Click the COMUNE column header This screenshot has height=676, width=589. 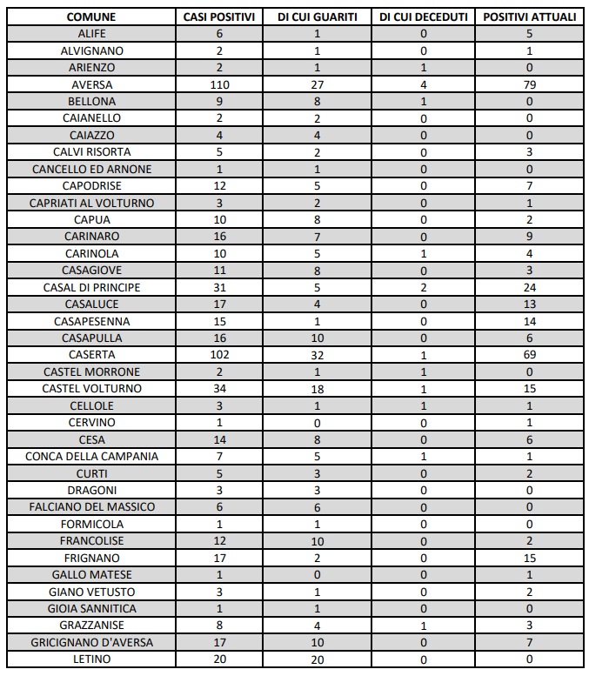click(91, 17)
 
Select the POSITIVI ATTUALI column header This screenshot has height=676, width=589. click(529, 17)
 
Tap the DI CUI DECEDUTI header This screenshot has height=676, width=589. click(424, 17)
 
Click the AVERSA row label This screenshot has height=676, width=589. click(91, 84)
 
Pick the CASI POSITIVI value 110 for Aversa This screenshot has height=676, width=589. click(219, 84)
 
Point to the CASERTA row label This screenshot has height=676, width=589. click(91, 355)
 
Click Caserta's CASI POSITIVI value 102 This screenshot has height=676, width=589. click(219, 355)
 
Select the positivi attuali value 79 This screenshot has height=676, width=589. click(529, 84)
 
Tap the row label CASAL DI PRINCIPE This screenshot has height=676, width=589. click(91, 287)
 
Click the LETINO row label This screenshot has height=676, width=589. click(91, 659)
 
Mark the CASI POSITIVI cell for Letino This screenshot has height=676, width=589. click(219, 659)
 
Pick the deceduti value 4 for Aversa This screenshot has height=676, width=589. click(424, 84)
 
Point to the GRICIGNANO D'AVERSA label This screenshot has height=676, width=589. click(91, 643)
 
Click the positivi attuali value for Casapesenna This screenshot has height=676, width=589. click(529, 321)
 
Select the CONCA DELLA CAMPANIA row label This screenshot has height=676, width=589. click(91, 457)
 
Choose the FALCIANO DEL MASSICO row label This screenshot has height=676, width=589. click(91, 507)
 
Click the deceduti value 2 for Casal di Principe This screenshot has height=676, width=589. click(424, 287)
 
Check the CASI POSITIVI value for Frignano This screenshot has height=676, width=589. click(219, 558)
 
